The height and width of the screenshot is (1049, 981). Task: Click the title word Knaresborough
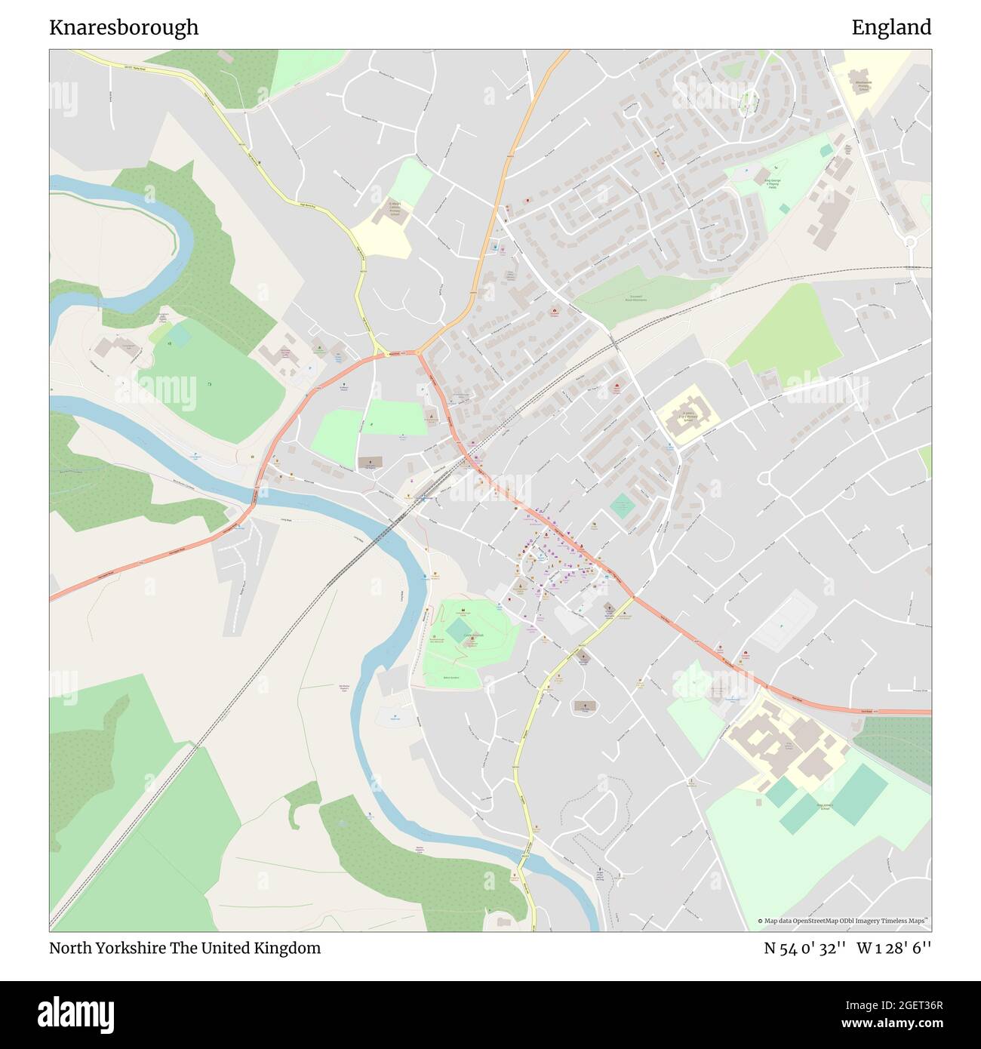(x=124, y=27)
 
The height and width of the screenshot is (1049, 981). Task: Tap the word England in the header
(x=891, y=27)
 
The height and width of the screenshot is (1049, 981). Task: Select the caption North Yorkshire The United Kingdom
(x=185, y=948)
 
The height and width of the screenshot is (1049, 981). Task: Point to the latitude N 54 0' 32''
(x=806, y=948)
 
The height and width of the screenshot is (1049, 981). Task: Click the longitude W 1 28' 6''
(x=894, y=948)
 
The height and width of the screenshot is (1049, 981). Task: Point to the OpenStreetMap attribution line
(x=844, y=921)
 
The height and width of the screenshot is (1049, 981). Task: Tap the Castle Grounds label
(x=473, y=635)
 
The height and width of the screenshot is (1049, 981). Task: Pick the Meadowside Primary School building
(x=863, y=85)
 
